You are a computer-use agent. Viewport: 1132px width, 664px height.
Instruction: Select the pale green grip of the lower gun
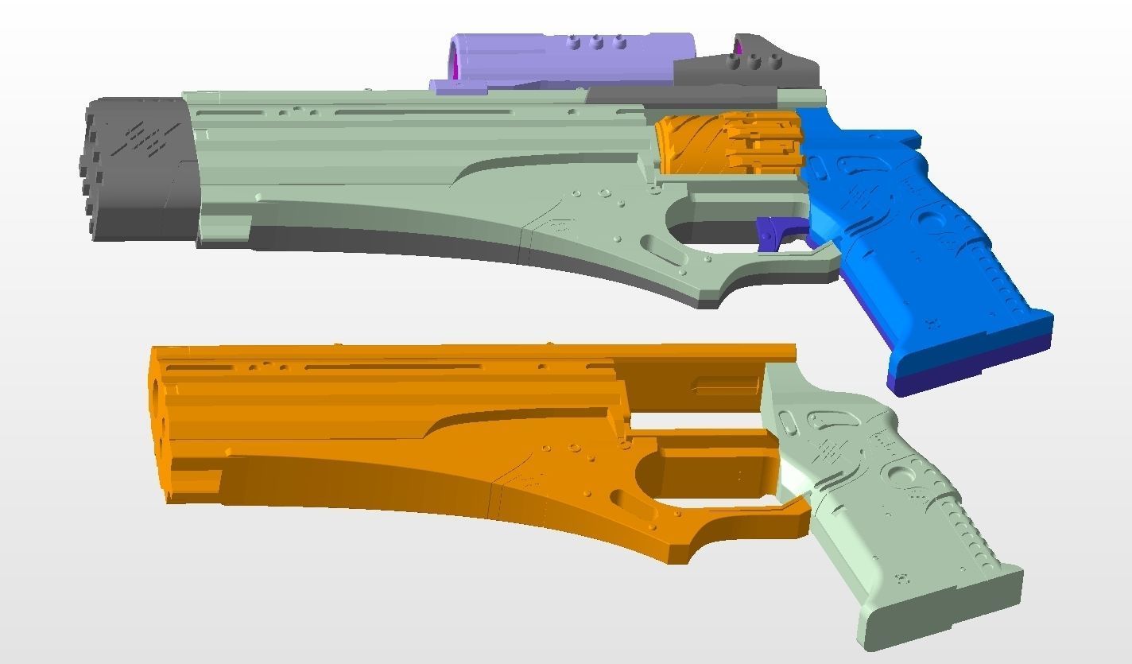(x=874, y=493)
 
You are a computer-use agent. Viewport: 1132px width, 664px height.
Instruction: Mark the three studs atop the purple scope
(x=596, y=42)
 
